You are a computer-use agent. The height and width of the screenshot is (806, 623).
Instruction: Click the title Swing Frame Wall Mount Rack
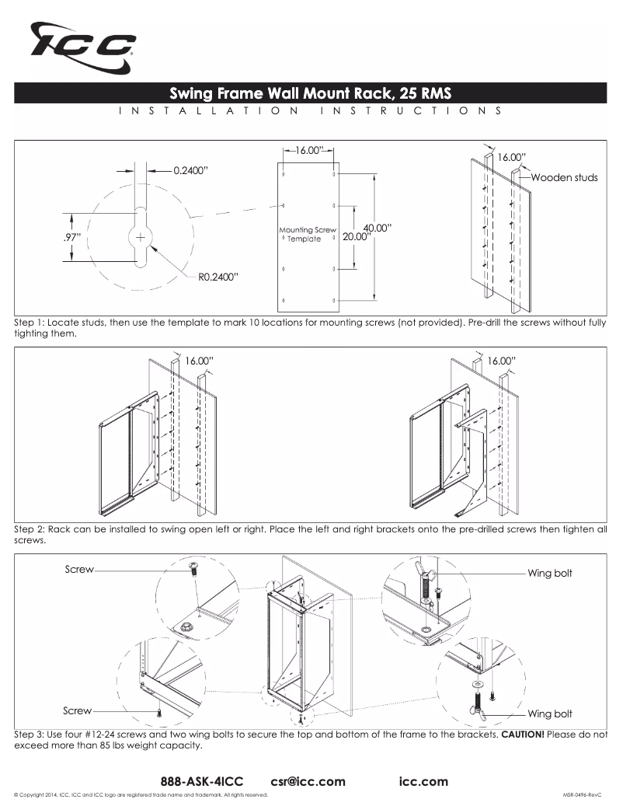click(311, 93)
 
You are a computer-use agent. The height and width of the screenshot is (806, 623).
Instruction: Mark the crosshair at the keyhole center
click(140, 236)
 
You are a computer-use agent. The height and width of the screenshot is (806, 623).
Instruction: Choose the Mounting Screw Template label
click(308, 234)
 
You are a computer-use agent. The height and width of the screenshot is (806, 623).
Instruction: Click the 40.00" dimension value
click(377, 228)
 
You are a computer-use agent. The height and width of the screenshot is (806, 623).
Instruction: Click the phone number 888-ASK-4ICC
click(202, 781)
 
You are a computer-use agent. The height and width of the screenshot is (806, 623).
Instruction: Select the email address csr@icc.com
click(308, 781)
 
